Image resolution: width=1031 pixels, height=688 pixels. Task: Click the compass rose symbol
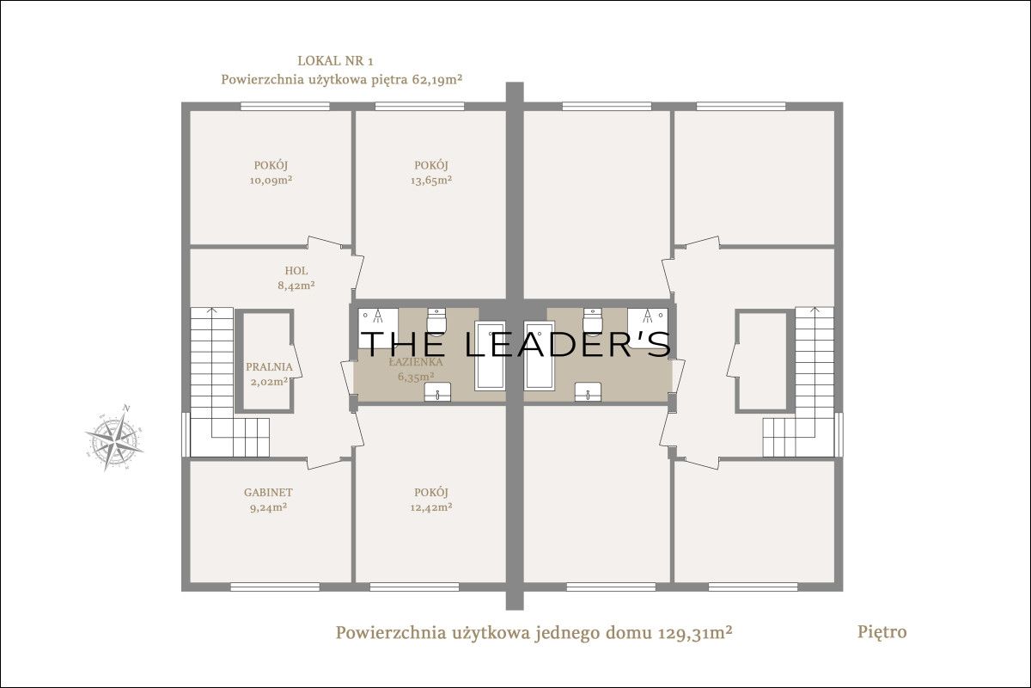[x=114, y=438]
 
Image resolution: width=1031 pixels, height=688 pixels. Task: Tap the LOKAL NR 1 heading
[x=336, y=61]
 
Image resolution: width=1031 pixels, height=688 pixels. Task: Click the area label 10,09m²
[x=271, y=181]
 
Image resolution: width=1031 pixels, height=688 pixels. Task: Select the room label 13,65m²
[x=431, y=181]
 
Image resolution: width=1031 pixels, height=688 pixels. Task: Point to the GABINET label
[x=268, y=492]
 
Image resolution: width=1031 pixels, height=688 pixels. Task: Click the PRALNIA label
[x=269, y=367]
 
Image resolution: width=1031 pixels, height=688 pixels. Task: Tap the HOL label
[x=296, y=271]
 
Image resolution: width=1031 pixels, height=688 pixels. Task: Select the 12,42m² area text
[x=431, y=507]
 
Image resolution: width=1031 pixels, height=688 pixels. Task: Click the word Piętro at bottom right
[x=882, y=632]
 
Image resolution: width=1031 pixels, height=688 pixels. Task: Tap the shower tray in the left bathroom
[x=378, y=329]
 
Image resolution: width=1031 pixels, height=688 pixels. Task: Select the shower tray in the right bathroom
[x=648, y=329]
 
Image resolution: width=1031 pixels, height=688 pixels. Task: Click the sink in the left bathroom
[x=437, y=391]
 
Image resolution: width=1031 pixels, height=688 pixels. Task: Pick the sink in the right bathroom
[x=588, y=391]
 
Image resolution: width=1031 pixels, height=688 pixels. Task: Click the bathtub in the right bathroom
[x=540, y=356]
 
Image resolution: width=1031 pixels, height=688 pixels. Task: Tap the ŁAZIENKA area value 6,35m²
[x=416, y=377]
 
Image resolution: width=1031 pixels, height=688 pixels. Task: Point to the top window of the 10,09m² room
[x=285, y=106]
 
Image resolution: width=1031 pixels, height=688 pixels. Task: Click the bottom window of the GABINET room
[x=275, y=587]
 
